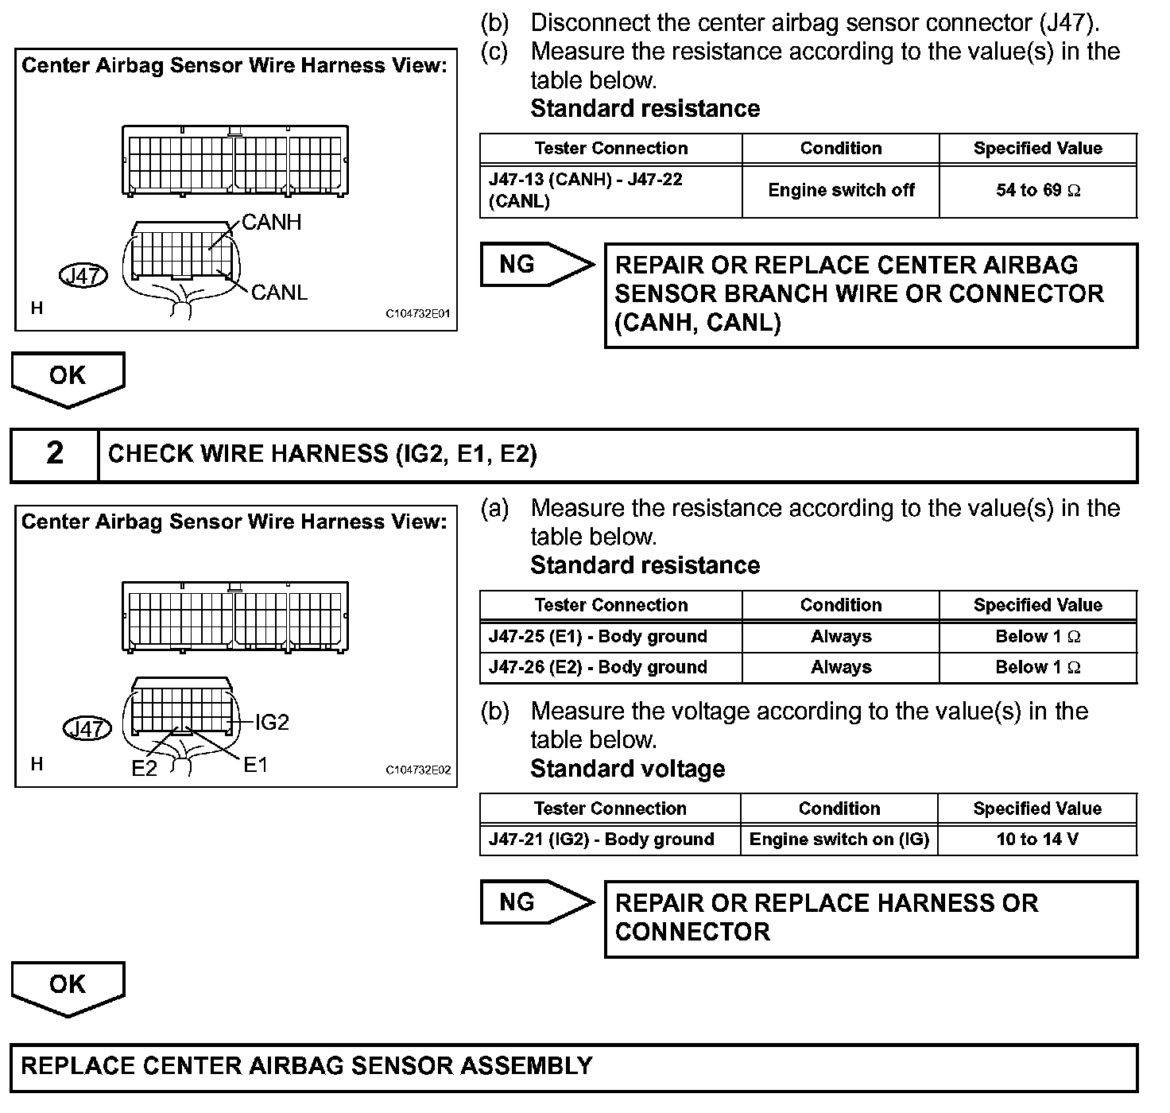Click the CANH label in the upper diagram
pos(271,223)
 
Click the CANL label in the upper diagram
pos(279,293)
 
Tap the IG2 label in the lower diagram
pos(272,722)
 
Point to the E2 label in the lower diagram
pos(144,768)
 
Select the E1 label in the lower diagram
pos(255,765)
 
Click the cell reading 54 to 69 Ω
pos(1038,191)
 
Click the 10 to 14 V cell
pos(1037,840)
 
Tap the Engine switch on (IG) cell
pos(839,840)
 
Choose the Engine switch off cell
pos(841,191)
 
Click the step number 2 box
pos(54,454)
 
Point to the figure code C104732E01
pos(418,313)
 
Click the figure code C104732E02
pos(418,770)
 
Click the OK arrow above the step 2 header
pos(68,377)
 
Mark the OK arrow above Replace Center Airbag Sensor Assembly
pos(68,986)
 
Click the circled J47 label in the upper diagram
pos(83,276)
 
